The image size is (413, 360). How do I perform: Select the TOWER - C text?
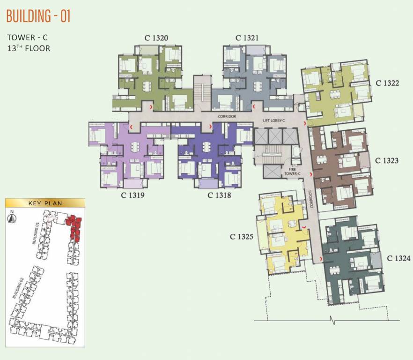click(x=28, y=37)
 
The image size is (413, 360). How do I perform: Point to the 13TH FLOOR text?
click(x=29, y=48)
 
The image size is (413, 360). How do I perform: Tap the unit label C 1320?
click(x=156, y=38)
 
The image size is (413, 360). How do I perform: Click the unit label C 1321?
click(x=247, y=38)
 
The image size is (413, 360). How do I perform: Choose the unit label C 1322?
click(x=387, y=83)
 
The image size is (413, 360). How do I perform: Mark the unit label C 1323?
click(x=387, y=160)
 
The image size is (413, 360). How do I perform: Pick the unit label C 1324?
click(x=398, y=258)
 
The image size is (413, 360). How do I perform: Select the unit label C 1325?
click(x=242, y=237)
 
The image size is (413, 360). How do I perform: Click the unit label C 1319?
click(x=133, y=194)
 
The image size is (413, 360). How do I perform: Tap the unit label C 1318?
click(x=219, y=194)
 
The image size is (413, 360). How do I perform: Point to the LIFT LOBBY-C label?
click(x=274, y=121)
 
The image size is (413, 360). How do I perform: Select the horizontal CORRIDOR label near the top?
click(x=227, y=116)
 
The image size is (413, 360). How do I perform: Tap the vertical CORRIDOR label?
click(x=310, y=199)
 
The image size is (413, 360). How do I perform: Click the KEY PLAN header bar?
click(x=45, y=203)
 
